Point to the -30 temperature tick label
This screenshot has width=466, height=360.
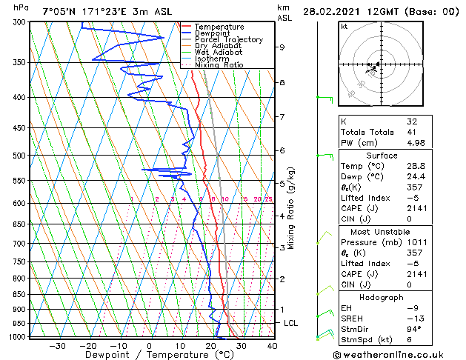pos(57,345)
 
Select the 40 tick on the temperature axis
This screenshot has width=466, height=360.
pos(273,345)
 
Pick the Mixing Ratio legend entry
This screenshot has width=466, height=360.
pos(219,65)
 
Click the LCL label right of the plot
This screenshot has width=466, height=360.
pos(290,324)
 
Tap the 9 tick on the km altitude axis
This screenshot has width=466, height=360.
pos(282,47)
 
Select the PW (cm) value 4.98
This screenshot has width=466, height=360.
pos(415,143)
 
